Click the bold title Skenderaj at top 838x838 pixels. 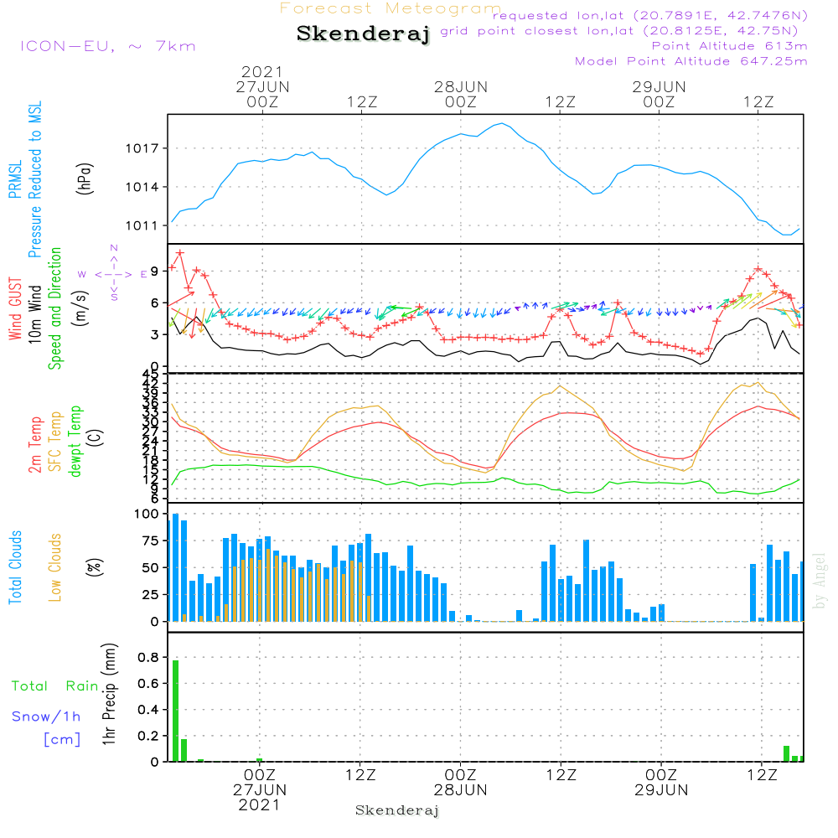pyautogui.click(x=363, y=34)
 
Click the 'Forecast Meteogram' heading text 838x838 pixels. pyautogui.click(x=391, y=8)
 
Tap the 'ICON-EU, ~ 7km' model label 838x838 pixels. pyautogui.click(x=107, y=45)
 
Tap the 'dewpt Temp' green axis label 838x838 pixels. pyautogui.click(x=75, y=442)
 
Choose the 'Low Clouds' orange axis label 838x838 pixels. pyautogui.click(x=56, y=567)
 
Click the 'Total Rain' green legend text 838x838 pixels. pyautogui.click(x=55, y=686)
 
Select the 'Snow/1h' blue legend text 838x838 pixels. pyautogui.click(x=47, y=716)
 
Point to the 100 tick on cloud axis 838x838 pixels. pyautogui.click(x=147, y=514)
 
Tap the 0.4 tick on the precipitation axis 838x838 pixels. pyautogui.click(x=148, y=710)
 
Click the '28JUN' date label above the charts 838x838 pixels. pyautogui.click(x=460, y=86)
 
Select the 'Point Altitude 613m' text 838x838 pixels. pyautogui.click(x=729, y=45)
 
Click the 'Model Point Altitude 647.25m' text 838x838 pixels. pyautogui.click(x=691, y=61)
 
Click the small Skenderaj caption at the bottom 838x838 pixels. pyautogui.click(x=397, y=810)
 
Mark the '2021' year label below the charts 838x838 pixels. pyautogui.click(x=260, y=805)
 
